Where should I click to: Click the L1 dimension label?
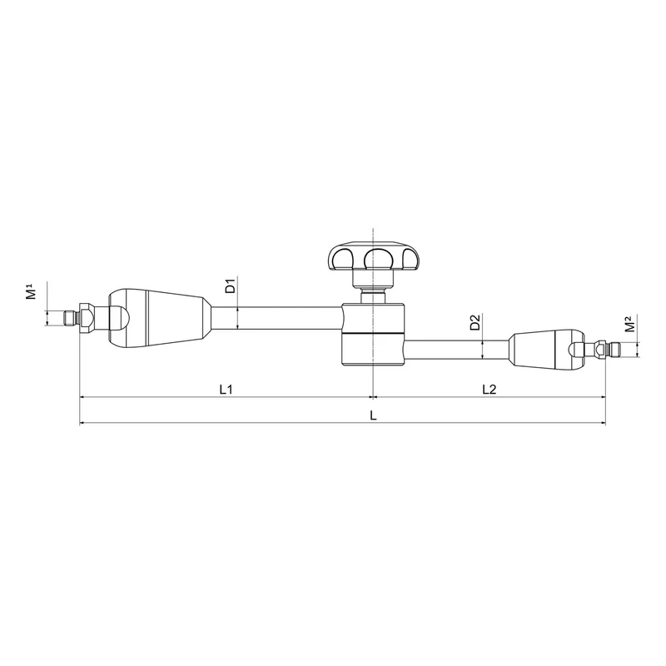[x=226, y=389]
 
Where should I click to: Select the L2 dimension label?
[x=490, y=389]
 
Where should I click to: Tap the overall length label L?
[x=373, y=415]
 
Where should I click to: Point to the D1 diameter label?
[x=231, y=286]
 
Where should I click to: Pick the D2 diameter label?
[x=475, y=322]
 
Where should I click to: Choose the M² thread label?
[x=630, y=324]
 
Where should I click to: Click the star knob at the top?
[x=372, y=256]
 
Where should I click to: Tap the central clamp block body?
[x=373, y=335]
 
